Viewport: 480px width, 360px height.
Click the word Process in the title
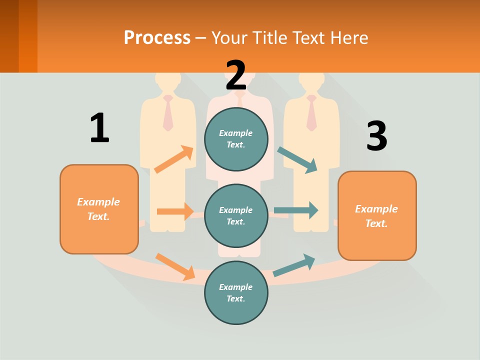[x=157, y=38]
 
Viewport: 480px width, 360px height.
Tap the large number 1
[x=99, y=128]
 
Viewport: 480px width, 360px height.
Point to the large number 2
[x=236, y=75]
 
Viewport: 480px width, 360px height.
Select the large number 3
[x=376, y=136]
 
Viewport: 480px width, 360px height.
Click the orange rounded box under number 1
[x=99, y=209]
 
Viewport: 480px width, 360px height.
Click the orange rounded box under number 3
[x=377, y=215]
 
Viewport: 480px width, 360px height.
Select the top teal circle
[x=236, y=139]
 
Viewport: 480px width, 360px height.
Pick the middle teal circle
[x=236, y=215]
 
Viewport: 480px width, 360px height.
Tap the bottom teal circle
[x=236, y=292]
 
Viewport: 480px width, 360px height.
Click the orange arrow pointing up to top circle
[x=174, y=159]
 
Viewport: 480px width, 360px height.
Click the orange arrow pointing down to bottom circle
[x=175, y=266]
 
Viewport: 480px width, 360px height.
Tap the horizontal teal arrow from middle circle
[x=296, y=210]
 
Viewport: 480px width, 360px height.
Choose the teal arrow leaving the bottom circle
[x=294, y=265]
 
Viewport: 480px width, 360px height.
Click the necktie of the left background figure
[x=168, y=113]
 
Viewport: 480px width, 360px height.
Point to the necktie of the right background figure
[x=311, y=113]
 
